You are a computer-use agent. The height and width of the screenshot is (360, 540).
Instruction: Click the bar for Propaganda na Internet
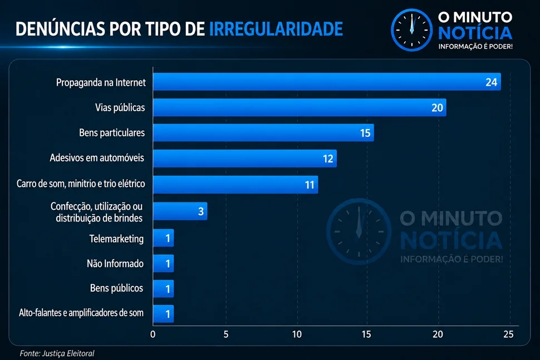click(327, 82)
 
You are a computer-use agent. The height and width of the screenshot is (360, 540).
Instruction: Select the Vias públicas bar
click(300, 107)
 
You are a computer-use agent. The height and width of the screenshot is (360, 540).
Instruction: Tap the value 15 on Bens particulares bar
click(365, 133)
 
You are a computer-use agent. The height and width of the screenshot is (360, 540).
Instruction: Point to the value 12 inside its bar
click(328, 159)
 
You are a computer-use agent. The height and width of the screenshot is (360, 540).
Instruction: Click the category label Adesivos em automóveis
click(97, 157)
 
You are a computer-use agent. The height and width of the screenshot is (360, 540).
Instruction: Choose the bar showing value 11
click(235, 185)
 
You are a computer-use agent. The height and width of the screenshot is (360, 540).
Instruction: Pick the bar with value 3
click(180, 211)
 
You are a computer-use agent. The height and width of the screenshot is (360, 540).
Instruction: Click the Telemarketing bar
click(163, 238)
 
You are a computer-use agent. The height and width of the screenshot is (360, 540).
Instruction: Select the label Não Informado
click(115, 264)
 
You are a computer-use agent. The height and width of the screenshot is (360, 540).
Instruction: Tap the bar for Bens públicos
click(163, 288)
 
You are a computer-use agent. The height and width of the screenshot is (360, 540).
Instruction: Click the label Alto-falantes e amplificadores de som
click(81, 313)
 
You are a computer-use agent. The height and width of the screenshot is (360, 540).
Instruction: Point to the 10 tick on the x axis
click(297, 334)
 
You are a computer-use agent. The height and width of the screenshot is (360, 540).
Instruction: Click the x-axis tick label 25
click(508, 334)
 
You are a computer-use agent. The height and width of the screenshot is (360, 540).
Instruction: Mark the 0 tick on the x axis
click(153, 334)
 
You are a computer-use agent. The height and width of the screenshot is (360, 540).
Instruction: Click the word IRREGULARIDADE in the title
click(276, 29)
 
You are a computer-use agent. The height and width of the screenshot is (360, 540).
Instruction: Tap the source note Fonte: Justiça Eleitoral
click(57, 353)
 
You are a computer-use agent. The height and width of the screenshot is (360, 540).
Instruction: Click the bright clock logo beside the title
click(411, 30)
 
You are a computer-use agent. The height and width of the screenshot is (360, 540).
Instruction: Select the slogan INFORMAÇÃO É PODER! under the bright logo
click(475, 47)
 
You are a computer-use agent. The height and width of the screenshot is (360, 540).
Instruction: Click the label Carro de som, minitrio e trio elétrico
click(81, 184)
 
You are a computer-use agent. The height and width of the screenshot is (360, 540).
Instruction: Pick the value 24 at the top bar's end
click(492, 82)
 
